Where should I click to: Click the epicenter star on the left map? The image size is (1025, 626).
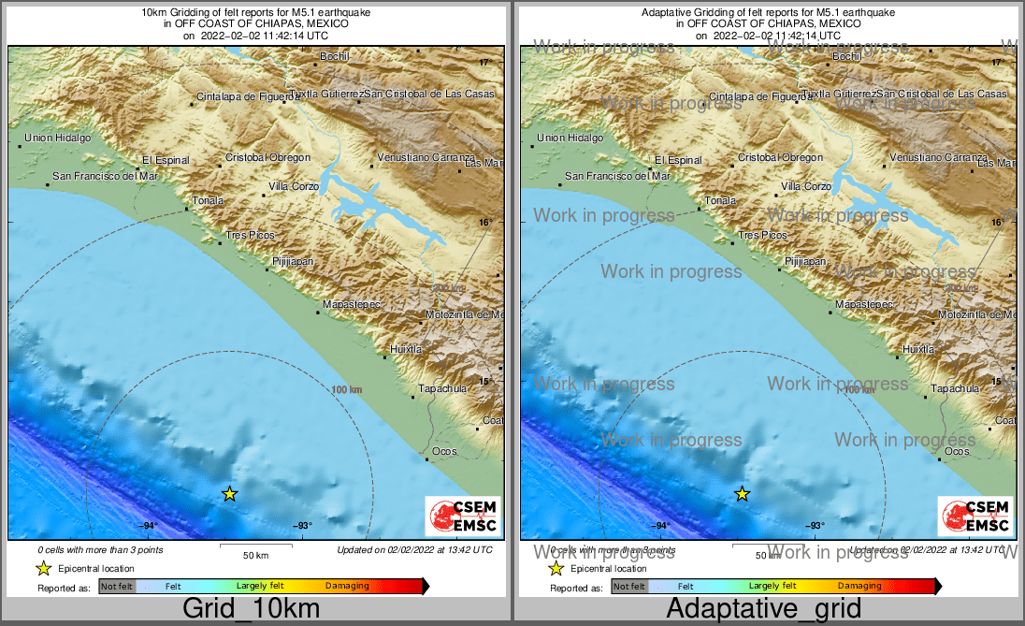[x=229, y=494]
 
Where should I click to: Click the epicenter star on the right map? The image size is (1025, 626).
[x=742, y=494]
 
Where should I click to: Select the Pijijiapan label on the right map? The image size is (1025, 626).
[x=805, y=262]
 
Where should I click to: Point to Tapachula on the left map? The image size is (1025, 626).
[x=441, y=388]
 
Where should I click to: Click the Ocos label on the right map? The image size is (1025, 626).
[x=957, y=451]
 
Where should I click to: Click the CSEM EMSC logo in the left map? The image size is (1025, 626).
[x=462, y=517]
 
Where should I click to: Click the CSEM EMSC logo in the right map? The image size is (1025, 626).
[x=974, y=517]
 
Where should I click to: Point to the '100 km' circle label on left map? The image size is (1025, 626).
[x=346, y=389]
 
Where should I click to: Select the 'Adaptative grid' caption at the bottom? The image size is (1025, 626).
[x=763, y=608]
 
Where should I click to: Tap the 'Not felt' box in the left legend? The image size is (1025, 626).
[x=117, y=587]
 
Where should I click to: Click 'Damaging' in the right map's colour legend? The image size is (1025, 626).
[x=859, y=586]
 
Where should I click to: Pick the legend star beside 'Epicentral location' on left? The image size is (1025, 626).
[x=42, y=568]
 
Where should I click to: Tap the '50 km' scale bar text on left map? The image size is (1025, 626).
[x=255, y=556]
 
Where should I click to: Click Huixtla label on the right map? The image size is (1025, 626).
[x=917, y=349]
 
